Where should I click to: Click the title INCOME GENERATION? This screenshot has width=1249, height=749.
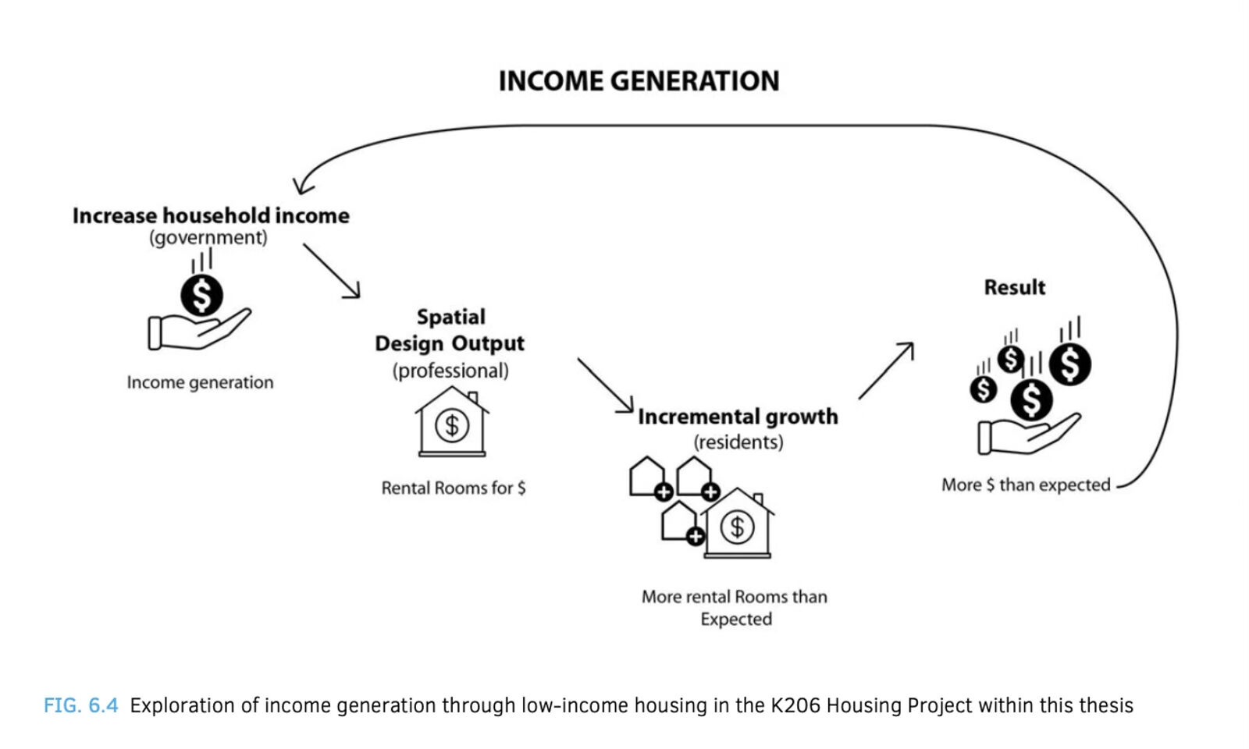(x=639, y=81)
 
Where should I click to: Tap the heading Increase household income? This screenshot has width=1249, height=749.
(x=211, y=215)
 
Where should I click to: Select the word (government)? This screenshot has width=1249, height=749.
(x=208, y=238)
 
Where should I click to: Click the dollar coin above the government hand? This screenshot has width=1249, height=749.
(x=202, y=296)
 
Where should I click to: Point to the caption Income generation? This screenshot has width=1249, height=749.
(x=200, y=382)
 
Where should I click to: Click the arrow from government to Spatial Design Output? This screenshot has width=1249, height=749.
(x=332, y=271)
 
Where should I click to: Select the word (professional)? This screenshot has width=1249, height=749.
(x=450, y=371)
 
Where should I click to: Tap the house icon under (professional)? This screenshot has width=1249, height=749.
(x=452, y=422)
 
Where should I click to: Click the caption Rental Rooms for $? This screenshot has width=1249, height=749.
(x=454, y=488)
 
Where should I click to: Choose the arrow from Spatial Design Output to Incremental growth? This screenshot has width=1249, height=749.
(x=606, y=385)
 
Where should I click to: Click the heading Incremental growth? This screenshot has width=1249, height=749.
(x=738, y=417)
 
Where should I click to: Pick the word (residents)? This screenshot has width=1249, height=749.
(x=738, y=442)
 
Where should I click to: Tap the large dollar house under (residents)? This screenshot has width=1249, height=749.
(x=738, y=524)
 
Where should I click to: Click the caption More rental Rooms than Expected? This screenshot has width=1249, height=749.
(x=735, y=608)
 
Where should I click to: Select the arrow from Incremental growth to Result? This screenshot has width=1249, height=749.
(x=886, y=371)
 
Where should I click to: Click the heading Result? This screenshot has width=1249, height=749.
(x=1015, y=288)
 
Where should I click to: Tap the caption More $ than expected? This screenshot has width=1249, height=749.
(x=1026, y=485)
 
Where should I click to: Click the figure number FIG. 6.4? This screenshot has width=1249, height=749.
(x=81, y=705)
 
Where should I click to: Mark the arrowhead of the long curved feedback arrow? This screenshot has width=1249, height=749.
(x=302, y=186)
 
